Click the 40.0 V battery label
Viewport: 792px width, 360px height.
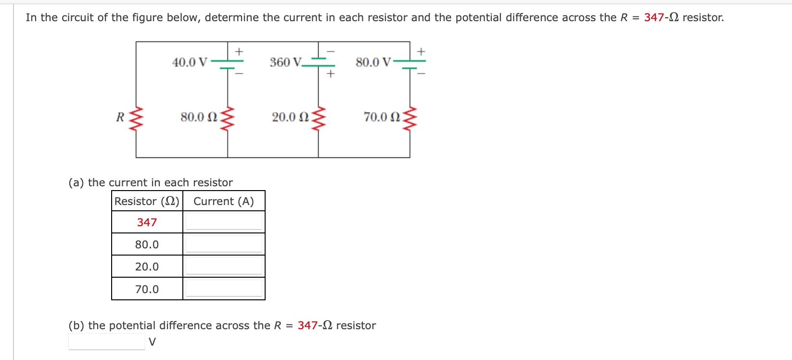[190, 63]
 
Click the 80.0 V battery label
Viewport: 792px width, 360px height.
[373, 63]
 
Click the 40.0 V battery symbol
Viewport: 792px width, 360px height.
[228, 64]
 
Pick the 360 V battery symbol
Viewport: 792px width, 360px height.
[319, 62]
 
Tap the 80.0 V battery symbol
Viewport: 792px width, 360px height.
[410, 64]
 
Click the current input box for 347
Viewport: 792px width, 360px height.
[224, 222]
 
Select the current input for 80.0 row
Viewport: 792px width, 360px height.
[224, 244]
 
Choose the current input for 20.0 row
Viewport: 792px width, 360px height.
[224, 266]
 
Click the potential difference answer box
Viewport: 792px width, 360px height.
[106, 342]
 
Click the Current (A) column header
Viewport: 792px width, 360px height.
[223, 201]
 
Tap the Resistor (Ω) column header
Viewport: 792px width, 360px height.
[147, 201]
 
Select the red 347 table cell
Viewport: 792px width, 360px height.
[147, 222]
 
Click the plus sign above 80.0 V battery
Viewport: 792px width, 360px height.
[421, 51]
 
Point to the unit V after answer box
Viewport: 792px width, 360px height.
[152, 342]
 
